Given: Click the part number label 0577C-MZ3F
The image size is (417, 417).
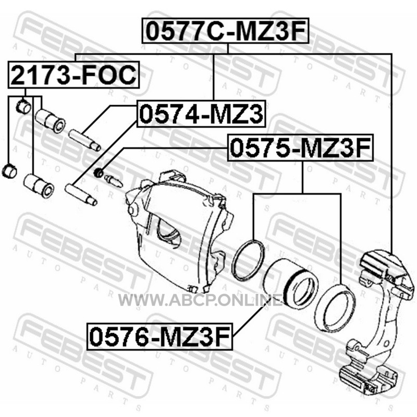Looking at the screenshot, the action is coord(225,31).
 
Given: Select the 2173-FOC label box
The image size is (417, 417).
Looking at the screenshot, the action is coord(73,75).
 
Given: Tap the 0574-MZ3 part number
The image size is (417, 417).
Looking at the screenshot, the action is coord(201,114).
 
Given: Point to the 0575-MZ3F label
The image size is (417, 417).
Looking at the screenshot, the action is coord(300,148).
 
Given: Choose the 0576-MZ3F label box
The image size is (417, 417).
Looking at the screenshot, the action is coord(160,336).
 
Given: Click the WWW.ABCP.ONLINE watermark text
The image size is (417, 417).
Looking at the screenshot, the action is coord(200,301).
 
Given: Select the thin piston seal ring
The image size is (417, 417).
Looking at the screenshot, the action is coord(248,260).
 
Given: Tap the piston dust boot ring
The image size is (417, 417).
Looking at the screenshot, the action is coord(335,308).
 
